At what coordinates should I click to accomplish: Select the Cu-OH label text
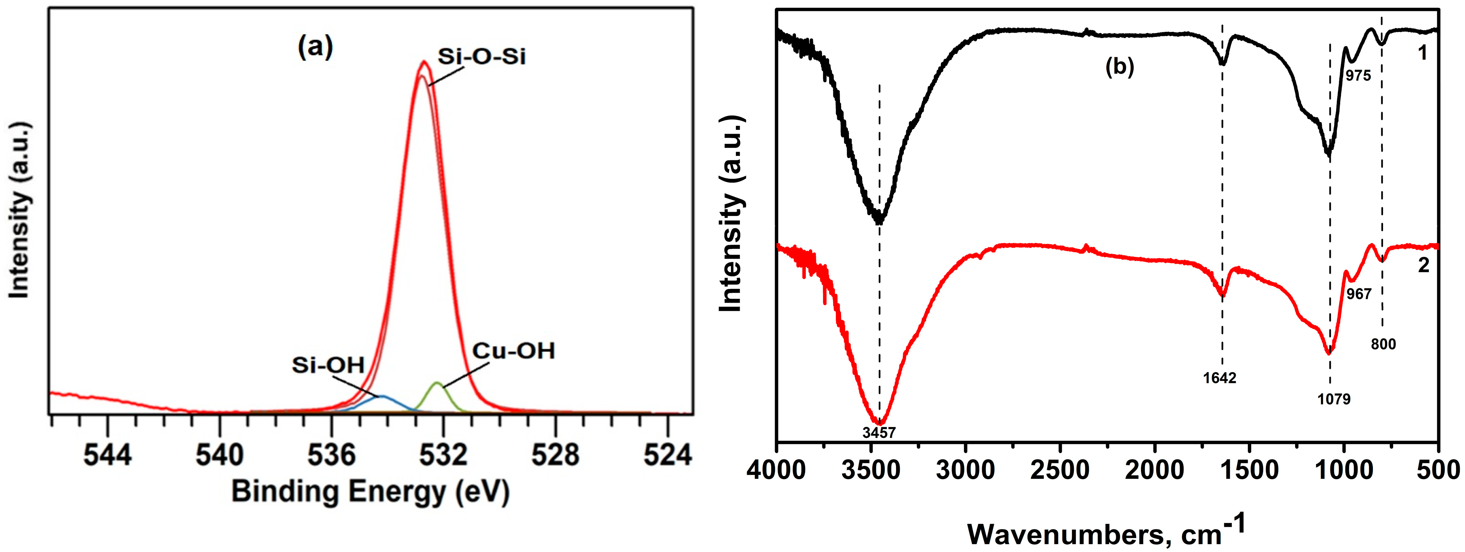tap(513, 351)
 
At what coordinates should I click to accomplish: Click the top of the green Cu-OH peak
tap(437, 383)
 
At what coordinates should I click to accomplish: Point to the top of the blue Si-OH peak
tap(382, 396)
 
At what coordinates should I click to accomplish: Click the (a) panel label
tap(315, 48)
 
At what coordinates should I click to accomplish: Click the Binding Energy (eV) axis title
tap(370, 492)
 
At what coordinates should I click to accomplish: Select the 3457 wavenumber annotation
tap(879, 433)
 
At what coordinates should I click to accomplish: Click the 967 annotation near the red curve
tap(1359, 294)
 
